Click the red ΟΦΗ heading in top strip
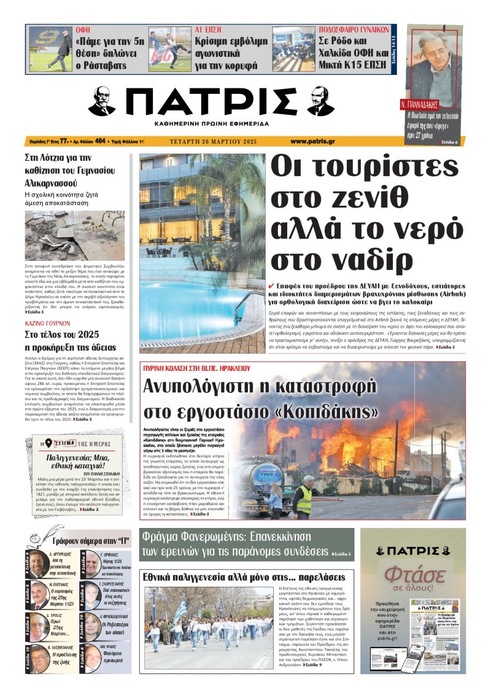pyautogui.click(x=83, y=29)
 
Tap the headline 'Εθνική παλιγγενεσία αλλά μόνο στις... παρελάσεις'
pyautogui.click(x=244, y=577)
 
